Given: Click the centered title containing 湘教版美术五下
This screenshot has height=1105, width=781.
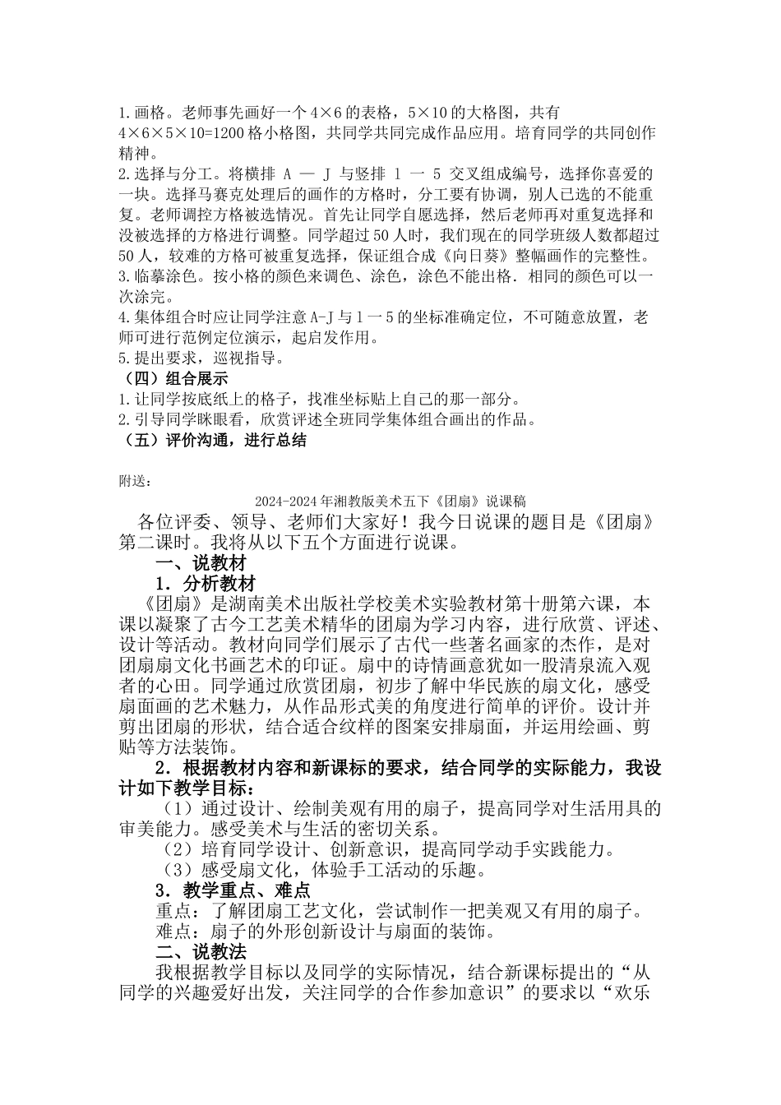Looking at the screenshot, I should [x=390, y=501].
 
